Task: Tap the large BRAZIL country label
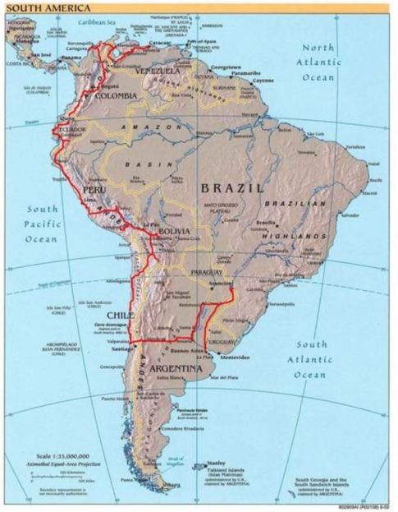tap(233, 188)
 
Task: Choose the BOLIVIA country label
tap(174, 232)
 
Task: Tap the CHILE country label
tap(121, 315)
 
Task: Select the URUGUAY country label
tap(225, 340)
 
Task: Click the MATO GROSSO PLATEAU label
tap(223, 207)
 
